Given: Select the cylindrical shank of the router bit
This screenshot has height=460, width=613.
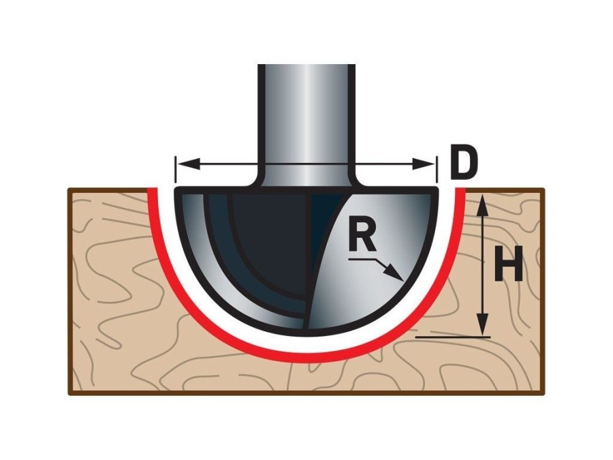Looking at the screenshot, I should pos(306,116).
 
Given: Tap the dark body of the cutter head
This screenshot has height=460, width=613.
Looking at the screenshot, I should pos(266,245).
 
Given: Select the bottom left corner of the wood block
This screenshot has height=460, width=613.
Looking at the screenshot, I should pos(70,393).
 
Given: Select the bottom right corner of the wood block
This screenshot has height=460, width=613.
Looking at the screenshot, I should pos(543,393).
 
